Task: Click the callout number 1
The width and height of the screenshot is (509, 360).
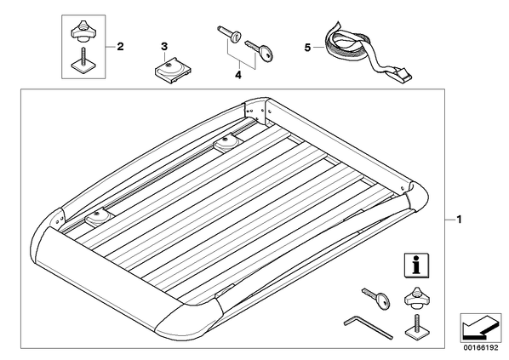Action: (459, 220)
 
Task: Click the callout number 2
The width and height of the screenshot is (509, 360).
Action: (120, 47)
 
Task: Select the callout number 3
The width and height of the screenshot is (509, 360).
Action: (164, 47)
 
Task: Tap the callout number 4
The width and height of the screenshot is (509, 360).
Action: (238, 75)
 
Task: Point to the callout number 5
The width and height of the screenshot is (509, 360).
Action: (307, 48)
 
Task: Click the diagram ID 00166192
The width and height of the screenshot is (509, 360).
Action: (481, 348)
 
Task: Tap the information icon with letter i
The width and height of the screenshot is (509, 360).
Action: (416, 266)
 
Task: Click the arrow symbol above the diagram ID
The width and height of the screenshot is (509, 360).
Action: (480, 328)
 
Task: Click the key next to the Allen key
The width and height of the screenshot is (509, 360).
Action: (377, 298)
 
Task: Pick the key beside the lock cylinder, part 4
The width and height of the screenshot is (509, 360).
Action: (260, 50)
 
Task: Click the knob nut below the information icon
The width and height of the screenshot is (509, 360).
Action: (417, 297)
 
